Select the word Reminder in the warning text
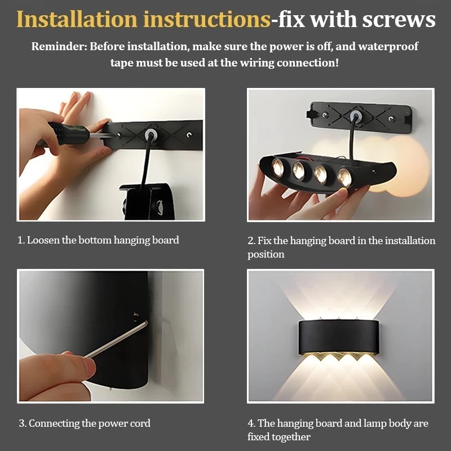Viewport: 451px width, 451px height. tap(59, 46)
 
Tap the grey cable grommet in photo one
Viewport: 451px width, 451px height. tap(150, 134)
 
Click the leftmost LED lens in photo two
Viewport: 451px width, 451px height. tap(278, 167)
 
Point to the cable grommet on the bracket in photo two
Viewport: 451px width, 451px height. tap(356, 116)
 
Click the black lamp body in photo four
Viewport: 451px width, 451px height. tap(338, 337)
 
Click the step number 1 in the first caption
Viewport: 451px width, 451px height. tap(20, 240)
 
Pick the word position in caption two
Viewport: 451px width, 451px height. tap(266, 255)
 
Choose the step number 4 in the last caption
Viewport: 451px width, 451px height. tap(251, 423)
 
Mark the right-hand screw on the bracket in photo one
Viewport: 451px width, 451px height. tap(189, 135)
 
